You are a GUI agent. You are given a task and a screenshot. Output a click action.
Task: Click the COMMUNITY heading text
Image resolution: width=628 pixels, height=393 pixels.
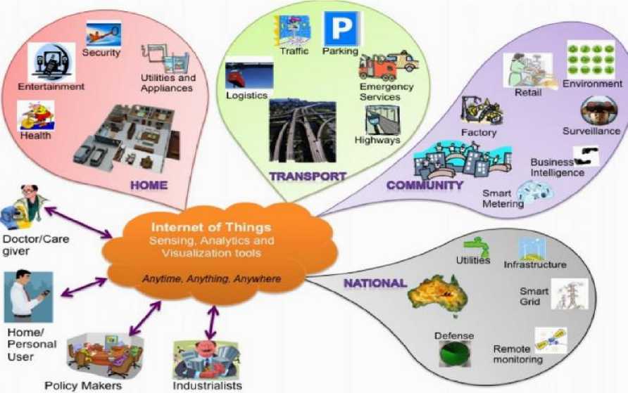click(x=425, y=186)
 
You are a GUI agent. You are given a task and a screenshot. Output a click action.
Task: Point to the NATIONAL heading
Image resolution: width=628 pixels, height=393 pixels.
click(x=375, y=283)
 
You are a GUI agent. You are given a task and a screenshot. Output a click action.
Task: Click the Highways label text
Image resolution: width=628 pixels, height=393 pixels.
click(x=377, y=140)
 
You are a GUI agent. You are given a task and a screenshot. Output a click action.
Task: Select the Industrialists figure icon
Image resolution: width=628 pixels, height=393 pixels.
click(x=207, y=358)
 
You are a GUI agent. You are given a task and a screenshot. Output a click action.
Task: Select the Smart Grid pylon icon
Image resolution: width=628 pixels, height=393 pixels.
click(x=567, y=295)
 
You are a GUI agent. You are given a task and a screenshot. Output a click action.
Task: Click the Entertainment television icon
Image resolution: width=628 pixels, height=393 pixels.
click(x=51, y=62)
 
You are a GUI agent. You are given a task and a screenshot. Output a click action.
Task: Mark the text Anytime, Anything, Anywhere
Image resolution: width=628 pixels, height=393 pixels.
click(x=211, y=279)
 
